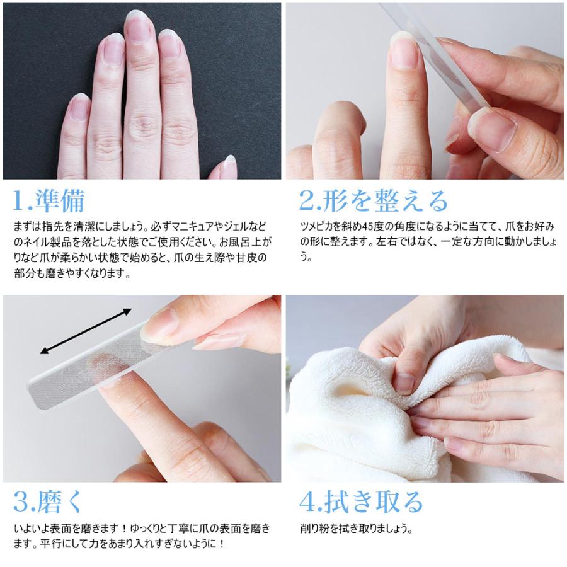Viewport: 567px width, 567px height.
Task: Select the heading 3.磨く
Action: (x=47, y=501)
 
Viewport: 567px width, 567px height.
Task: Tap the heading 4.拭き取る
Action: (x=361, y=501)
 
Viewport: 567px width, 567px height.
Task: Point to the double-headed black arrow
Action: (x=85, y=331)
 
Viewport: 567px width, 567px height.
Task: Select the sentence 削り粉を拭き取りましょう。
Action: (x=356, y=529)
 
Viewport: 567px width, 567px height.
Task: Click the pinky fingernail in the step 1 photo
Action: (x=79, y=106)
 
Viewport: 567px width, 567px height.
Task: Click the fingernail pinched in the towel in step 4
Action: (x=403, y=384)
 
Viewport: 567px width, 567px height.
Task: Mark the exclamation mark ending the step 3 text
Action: (x=222, y=544)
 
